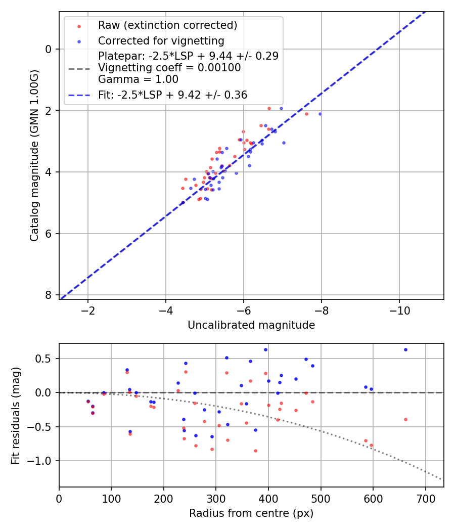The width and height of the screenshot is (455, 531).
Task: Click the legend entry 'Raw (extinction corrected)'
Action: pos(167,25)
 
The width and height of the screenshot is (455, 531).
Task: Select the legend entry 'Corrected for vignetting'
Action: pos(161,40)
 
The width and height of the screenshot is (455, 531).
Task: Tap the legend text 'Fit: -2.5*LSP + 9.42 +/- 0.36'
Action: pos(172,95)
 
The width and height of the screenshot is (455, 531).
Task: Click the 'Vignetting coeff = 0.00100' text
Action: pos(169,68)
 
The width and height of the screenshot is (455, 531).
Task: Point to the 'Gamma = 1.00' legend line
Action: pos(138,79)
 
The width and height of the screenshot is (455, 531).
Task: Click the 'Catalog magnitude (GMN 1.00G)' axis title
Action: pos(34,155)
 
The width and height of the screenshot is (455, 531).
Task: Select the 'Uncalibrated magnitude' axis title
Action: pos(251,325)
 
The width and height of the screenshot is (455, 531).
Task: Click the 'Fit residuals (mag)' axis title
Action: pos(16,415)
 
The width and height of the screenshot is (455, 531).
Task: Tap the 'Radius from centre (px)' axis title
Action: pos(251,513)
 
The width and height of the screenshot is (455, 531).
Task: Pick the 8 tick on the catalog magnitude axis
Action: pos(49,295)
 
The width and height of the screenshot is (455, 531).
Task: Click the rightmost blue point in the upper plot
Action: pos(320,114)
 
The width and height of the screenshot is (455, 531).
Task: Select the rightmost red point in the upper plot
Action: pos(306,114)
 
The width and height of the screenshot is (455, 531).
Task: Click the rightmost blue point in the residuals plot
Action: pos(405,349)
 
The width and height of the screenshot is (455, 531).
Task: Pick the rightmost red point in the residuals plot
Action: pos(405,419)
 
